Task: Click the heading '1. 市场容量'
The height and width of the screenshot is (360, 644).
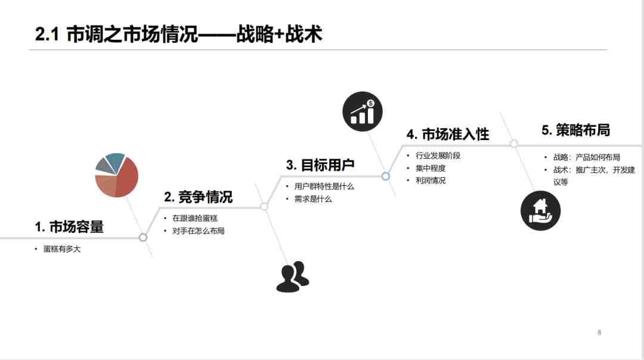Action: coord(69,226)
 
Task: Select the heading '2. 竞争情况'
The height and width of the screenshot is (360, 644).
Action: coord(199,197)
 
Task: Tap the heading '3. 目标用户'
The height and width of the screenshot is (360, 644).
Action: coord(320,165)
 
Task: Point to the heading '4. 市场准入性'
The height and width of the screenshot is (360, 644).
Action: coord(448,134)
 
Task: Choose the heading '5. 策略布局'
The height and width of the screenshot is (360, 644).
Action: coord(576,130)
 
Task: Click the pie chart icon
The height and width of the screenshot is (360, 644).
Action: coord(117,175)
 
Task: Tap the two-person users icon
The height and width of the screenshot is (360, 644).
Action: coord(293,277)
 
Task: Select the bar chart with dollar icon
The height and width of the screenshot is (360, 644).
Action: coord(363,111)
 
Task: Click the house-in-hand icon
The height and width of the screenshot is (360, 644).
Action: coord(540,210)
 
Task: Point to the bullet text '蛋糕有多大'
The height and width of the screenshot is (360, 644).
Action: coord(62,249)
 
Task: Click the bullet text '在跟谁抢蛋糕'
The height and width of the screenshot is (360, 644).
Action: coord(194,218)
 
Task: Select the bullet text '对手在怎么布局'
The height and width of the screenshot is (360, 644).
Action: coord(199,231)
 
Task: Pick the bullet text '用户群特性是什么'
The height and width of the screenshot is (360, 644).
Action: coord(324,187)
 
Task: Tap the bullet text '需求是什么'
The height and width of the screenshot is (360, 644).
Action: coord(313,199)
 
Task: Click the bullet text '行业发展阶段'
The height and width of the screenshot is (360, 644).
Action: coord(438,156)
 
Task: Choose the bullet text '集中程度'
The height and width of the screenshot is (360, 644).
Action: coord(431,168)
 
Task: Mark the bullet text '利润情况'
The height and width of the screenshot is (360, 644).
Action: coord(431,180)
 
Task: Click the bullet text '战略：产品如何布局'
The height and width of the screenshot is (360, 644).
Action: coord(587,157)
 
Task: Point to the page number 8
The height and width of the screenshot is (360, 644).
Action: coord(600,332)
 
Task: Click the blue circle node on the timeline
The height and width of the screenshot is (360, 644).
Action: coord(386,176)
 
